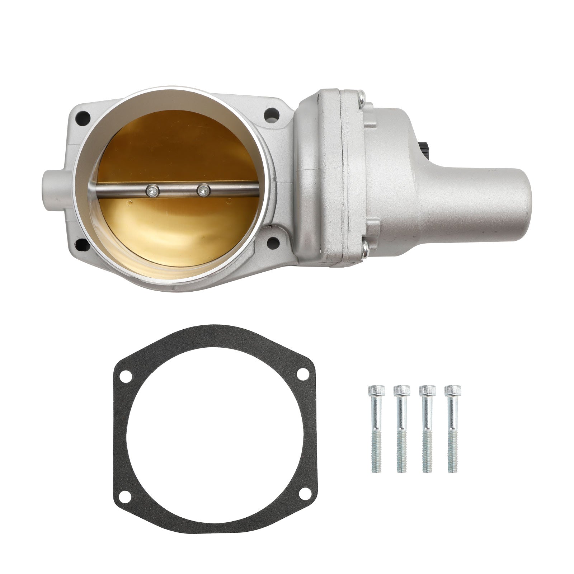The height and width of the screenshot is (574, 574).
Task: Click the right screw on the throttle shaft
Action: [204, 190]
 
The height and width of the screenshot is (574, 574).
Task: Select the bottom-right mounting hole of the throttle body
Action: [273, 242]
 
